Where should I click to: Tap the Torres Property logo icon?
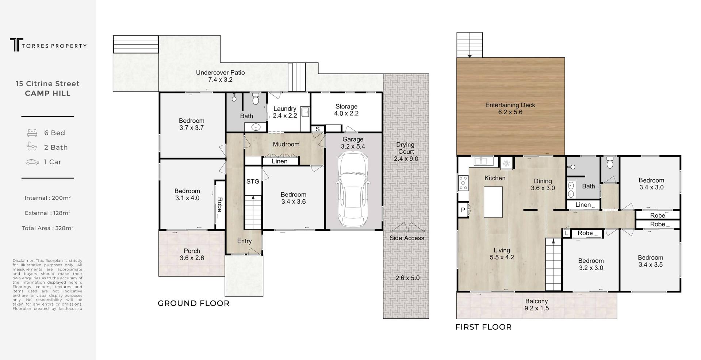pyautogui.click(x=15, y=45)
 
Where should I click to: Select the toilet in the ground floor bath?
pyautogui.click(x=256, y=98)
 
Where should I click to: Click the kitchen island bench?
pyautogui.click(x=493, y=202)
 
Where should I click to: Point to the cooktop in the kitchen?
pyautogui.click(x=463, y=183)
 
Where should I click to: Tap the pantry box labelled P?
pyautogui.click(x=463, y=210)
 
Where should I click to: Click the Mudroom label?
pyautogui.click(x=286, y=144)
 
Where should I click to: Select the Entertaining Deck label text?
pyautogui.click(x=510, y=108)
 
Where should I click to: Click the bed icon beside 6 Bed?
pyautogui.click(x=32, y=133)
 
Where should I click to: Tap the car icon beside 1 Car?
pyautogui.click(x=32, y=162)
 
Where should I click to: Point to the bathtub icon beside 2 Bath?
pyautogui.click(x=32, y=147)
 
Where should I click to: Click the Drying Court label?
pyautogui.click(x=406, y=152)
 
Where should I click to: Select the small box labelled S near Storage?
pyautogui.click(x=317, y=129)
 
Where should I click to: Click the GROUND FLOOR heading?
pyautogui.click(x=194, y=303)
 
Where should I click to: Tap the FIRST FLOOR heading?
pyautogui.click(x=483, y=327)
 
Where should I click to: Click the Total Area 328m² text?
pyautogui.click(x=47, y=228)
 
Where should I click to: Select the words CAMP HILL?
pyautogui.click(x=47, y=93)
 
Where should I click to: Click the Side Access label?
pyautogui.click(x=407, y=238)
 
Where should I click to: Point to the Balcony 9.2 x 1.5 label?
pyautogui.click(x=537, y=305)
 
